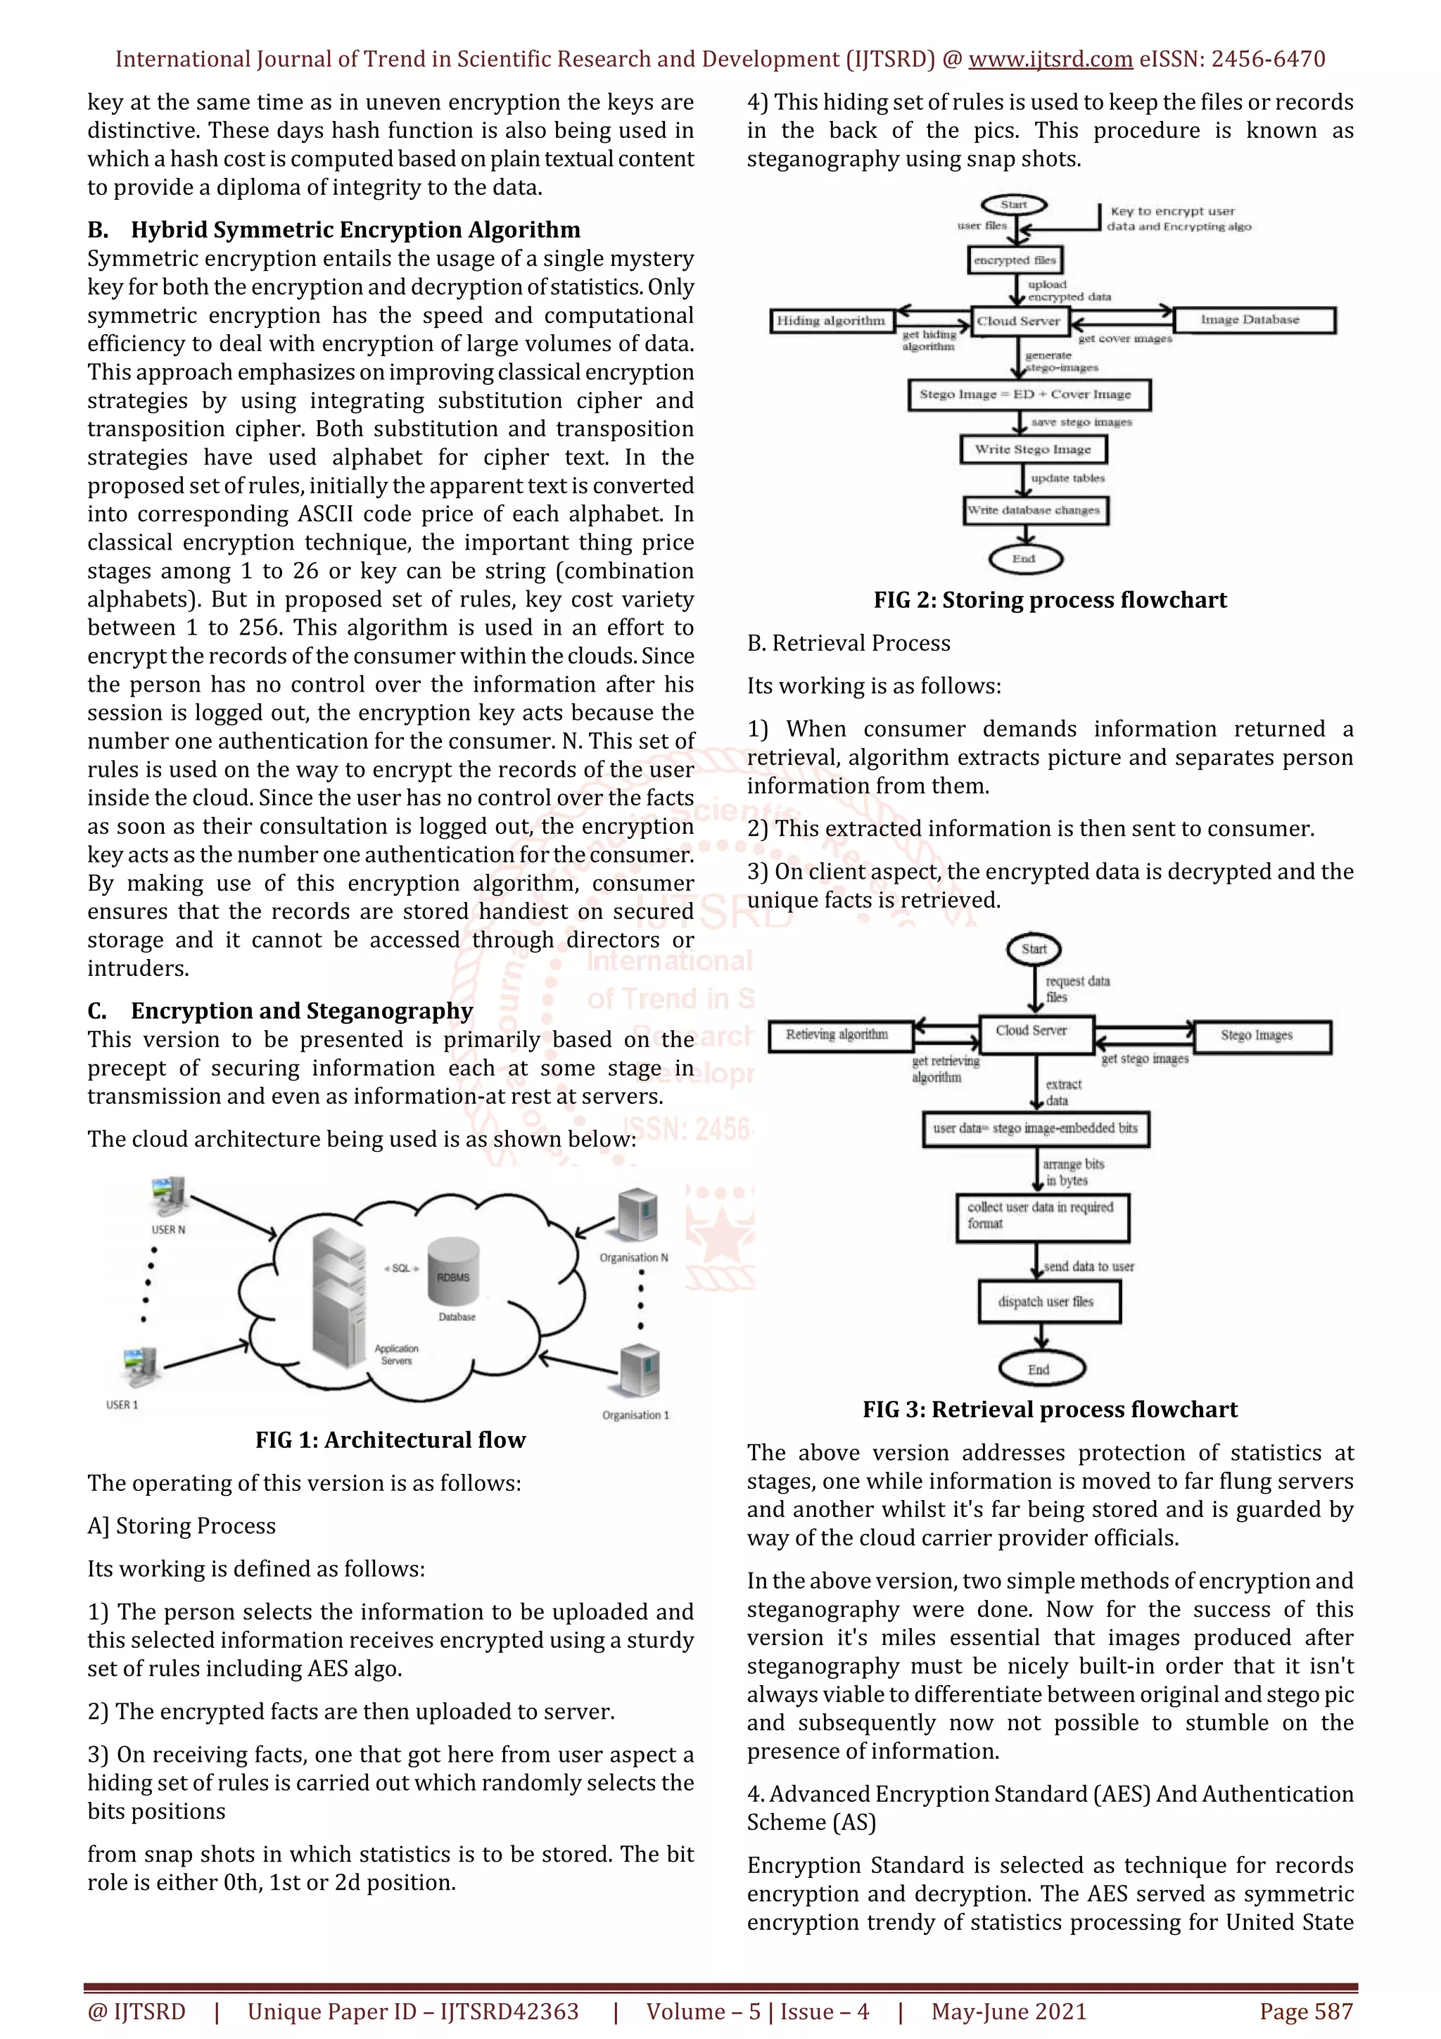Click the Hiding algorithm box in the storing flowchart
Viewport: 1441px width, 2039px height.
coord(831,321)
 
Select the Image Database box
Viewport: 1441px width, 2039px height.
coord(1254,319)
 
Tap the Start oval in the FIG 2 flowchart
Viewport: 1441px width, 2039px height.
coord(1014,205)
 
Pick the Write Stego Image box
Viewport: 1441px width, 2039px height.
coord(1034,450)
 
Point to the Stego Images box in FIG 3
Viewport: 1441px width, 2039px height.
coord(1262,1036)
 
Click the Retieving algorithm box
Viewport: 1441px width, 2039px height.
coord(837,1034)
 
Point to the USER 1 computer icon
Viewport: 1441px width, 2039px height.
coord(139,1368)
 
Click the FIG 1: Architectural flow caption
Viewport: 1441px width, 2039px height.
coord(391,1440)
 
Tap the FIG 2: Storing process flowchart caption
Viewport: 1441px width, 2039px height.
coord(1050,600)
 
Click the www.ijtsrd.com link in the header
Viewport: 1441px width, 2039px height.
coord(1050,60)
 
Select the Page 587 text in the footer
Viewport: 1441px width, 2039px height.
coord(1305,2012)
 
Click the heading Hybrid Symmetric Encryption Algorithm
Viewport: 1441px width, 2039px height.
coord(355,230)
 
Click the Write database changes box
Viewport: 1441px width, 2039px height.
coord(1035,511)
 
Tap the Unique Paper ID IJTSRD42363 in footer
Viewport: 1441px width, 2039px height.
coord(413,2012)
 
